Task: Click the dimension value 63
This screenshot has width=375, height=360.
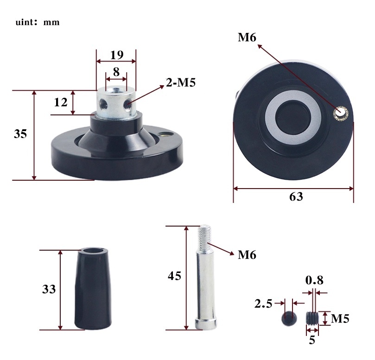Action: (296, 197)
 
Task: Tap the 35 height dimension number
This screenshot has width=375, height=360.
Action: (20, 133)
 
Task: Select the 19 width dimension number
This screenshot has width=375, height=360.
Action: (117, 55)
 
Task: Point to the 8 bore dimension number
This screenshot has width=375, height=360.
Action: (116, 72)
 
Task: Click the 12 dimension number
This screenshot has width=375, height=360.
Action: (61, 102)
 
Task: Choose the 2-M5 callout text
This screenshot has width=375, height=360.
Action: (181, 82)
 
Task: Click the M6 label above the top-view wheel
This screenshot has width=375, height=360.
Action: (247, 37)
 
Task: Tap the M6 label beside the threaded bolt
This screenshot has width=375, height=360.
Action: (247, 255)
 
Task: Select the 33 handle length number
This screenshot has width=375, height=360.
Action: (49, 289)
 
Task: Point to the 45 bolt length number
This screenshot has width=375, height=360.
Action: (174, 276)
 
